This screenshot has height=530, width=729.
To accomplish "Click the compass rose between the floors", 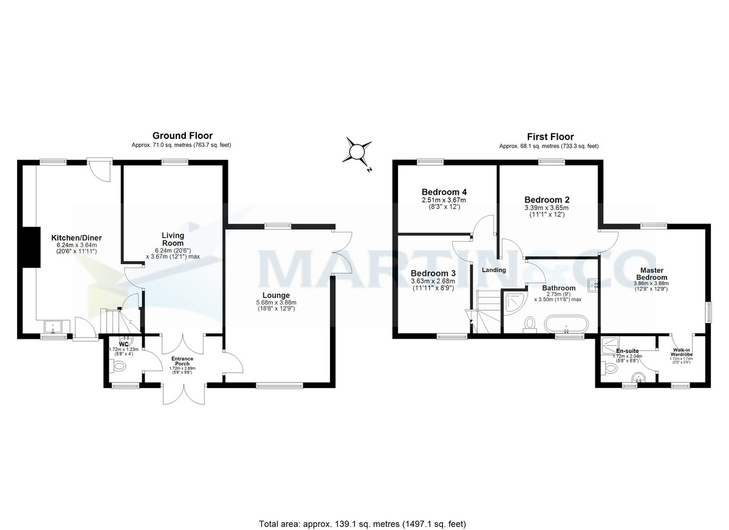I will click(x=358, y=150).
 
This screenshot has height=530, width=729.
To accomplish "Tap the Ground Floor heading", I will click(x=182, y=136).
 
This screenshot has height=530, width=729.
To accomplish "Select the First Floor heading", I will click(x=549, y=137).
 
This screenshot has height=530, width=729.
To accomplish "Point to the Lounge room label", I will click(x=276, y=296).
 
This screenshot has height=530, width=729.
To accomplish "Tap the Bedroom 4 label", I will click(x=444, y=192).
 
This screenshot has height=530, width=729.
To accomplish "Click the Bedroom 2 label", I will click(x=547, y=200).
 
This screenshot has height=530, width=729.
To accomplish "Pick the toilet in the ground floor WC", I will click(x=120, y=366).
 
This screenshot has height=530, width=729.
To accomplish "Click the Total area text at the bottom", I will click(x=363, y=523).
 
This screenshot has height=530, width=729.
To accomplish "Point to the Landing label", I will click(x=494, y=270).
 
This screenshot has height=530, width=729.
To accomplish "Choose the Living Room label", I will click(x=173, y=239).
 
